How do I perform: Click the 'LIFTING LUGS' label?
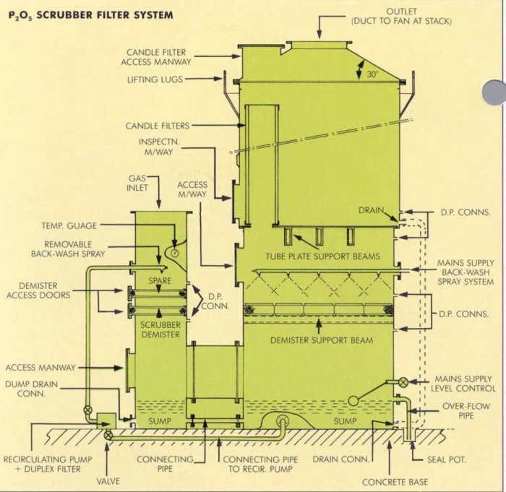155,79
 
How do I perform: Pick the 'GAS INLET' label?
137,182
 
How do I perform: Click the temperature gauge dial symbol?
173,251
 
